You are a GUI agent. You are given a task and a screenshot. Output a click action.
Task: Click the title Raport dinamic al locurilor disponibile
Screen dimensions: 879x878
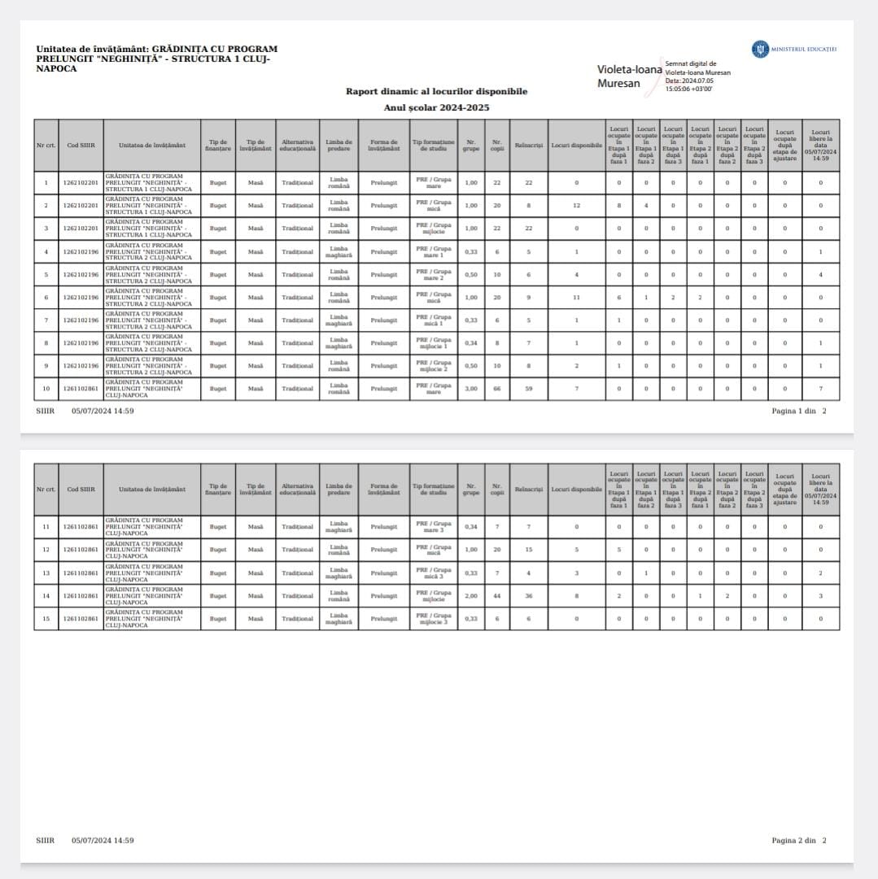(x=436, y=91)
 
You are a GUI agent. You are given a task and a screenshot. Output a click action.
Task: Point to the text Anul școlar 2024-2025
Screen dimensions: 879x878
(x=436, y=107)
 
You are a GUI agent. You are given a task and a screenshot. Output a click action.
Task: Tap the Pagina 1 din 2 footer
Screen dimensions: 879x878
(x=798, y=411)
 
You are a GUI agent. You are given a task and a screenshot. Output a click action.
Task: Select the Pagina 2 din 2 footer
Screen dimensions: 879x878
(x=798, y=840)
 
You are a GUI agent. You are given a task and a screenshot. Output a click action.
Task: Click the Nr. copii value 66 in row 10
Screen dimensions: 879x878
(x=496, y=389)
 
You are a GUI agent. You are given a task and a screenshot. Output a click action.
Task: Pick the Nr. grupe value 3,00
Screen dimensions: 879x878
(x=470, y=389)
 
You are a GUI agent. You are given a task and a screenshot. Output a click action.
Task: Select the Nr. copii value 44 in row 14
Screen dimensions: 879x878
(x=496, y=596)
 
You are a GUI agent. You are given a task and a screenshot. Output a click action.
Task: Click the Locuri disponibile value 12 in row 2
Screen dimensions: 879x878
(x=576, y=206)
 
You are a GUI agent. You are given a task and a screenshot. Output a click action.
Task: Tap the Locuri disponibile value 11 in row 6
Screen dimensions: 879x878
(x=576, y=298)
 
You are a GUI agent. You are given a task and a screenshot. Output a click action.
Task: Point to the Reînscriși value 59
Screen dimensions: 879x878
(x=528, y=389)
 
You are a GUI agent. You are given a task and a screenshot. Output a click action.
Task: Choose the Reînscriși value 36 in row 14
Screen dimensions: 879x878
(x=528, y=596)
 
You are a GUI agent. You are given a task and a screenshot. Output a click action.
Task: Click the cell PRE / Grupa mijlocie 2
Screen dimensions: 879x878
(x=433, y=366)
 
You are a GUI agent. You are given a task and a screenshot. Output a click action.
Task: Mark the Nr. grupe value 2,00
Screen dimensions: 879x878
(x=470, y=596)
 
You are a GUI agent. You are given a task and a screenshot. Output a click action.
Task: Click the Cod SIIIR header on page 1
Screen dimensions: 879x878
(x=81, y=146)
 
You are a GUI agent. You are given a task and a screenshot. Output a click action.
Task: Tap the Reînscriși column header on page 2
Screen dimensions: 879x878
(x=528, y=490)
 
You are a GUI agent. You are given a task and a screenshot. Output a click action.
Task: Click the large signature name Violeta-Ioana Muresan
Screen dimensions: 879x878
(x=630, y=76)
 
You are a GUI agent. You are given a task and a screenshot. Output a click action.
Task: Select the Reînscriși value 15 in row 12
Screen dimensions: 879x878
(x=528, y=550)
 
